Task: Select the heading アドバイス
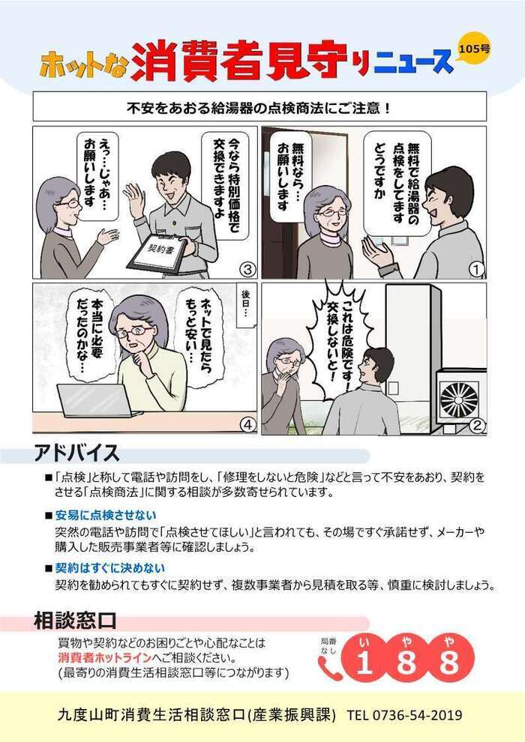tap(76, 454)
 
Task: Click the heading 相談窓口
tap(75, 621)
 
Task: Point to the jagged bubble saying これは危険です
tap(335, 337)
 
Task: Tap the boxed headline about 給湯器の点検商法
tap(259, 107)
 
